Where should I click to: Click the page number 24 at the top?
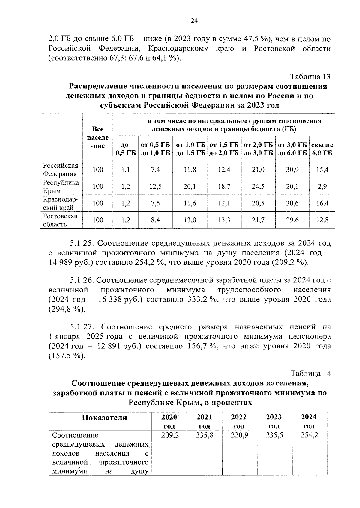(x=194, y=21)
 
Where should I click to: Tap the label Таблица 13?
(x=310, y=77)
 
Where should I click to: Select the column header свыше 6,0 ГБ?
(x=322, y=149)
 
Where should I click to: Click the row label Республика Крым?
(x=61, y=187)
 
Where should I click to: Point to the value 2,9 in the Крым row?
(x=322, y=186)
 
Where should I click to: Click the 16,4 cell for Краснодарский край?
(x=322, y=203)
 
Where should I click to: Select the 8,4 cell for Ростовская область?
(x=155, y=220)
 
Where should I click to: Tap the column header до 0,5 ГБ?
(x=125, y=149)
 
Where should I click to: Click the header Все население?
(x=98, y=137)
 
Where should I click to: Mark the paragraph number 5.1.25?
(x=82, y=243)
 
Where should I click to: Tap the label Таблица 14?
(x=310, y=374)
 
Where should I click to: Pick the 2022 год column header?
(x=239, y=421)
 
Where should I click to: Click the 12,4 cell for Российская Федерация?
(x=224, y=170)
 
